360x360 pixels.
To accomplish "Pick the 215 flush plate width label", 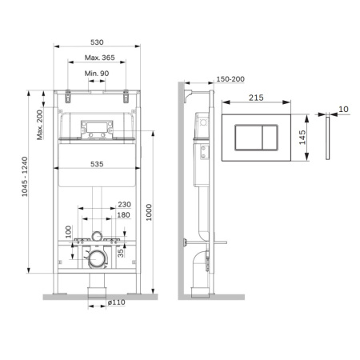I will point(256,98).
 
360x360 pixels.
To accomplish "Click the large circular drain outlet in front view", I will point(97,258).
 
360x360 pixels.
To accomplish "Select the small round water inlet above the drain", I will point(97,237).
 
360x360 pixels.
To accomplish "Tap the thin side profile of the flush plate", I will point(329,137).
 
